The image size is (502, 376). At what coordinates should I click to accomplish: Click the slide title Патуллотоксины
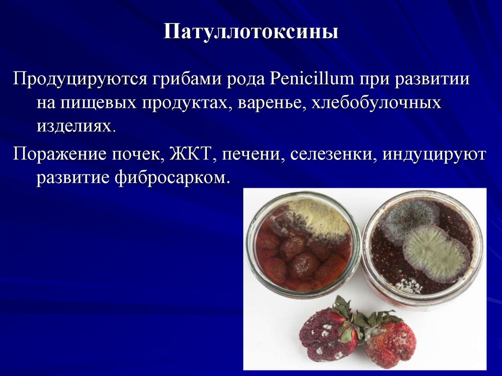click(251, 32)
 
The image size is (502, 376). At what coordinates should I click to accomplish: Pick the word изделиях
click(75, 127)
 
